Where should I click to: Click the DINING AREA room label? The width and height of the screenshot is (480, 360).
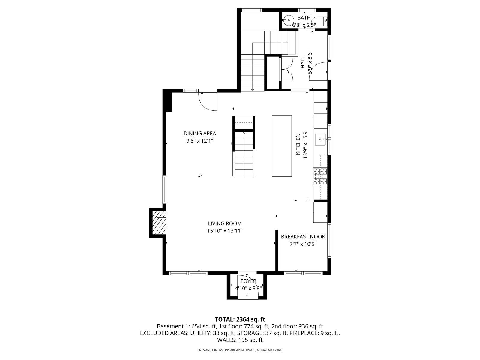200,133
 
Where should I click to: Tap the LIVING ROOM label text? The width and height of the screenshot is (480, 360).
225,223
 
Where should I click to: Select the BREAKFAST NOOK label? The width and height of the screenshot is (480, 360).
303,237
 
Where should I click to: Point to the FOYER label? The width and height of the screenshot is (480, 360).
248,281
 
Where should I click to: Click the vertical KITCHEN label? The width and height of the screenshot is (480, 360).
298,144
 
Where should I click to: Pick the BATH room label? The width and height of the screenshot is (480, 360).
304,18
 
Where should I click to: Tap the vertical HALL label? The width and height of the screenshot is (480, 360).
303,62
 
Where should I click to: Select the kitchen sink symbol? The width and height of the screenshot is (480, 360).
320,139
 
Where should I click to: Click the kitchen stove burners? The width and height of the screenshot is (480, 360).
320,176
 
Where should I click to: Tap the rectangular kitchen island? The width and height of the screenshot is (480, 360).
282,146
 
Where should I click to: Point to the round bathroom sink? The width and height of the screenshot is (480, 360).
289,20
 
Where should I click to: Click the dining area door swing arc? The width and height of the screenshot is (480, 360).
205,105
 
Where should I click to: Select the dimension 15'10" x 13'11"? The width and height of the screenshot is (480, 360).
225,231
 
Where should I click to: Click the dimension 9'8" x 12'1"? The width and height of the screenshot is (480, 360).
200,141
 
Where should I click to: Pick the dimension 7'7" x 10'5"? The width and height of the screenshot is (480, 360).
303,244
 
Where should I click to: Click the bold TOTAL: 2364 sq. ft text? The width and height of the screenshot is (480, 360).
240,319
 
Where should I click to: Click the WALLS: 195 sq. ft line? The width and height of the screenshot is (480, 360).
240,340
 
